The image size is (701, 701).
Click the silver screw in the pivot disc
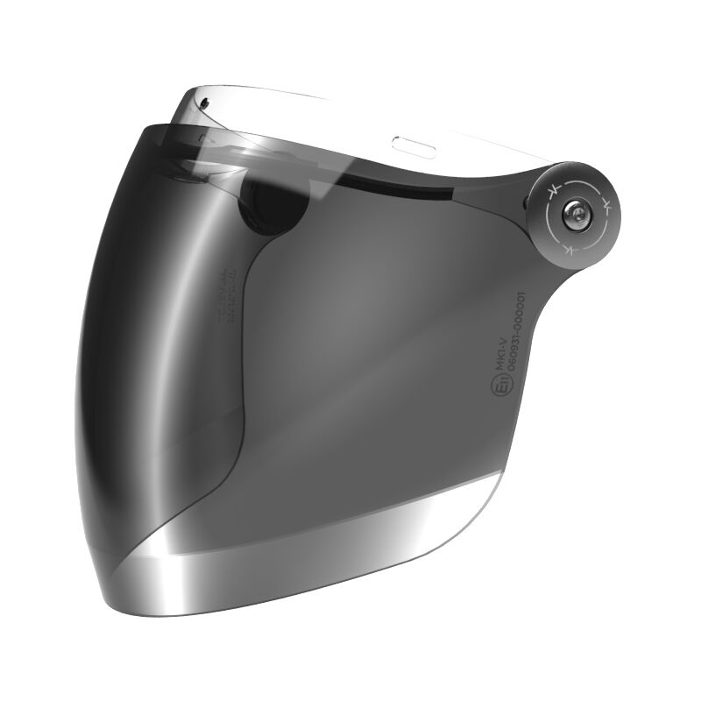pyautogui.click(x=575, y=213)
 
